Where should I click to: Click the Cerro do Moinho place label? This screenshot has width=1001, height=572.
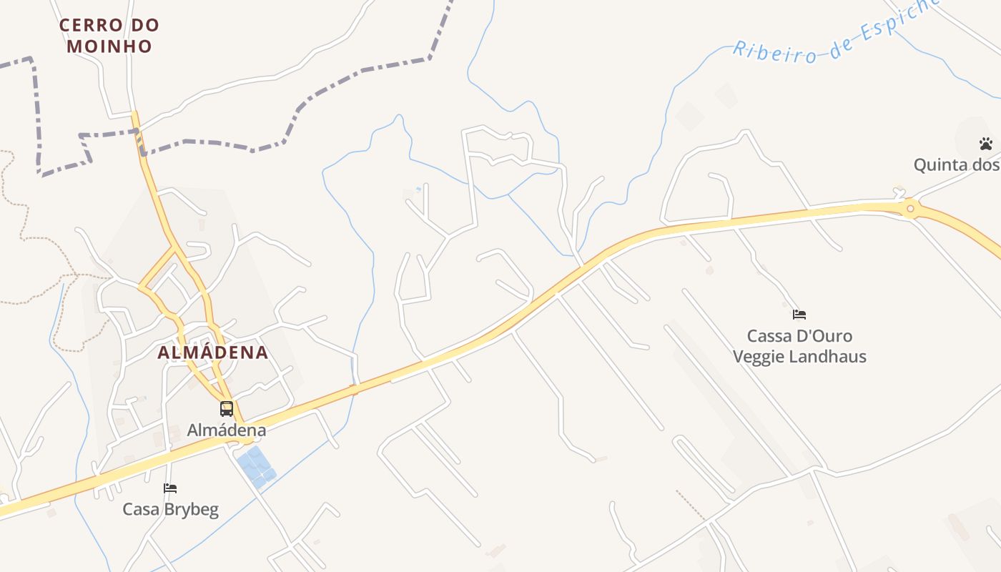[x=109, y=36]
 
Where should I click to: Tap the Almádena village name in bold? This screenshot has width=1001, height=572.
[x=212, y=352]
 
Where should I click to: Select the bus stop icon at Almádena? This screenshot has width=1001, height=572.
[x=227, y=409]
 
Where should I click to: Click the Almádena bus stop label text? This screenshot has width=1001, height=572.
[x=226, y=430]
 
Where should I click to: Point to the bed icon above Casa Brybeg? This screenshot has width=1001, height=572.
[x=170, y=488]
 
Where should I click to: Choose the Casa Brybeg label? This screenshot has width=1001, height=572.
[x=170, y=509]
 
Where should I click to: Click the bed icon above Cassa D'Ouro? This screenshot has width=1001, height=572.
[x=799, y=315]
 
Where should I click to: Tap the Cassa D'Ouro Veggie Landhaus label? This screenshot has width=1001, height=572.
[x=799, y=346]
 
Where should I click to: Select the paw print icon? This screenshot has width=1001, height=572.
[x=986, y=144]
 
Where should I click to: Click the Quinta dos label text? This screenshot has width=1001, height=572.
[x=956, y=165]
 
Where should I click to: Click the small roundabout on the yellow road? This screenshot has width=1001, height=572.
[x=909, y=209]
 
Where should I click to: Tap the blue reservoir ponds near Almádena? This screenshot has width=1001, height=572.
[x=256, y=466]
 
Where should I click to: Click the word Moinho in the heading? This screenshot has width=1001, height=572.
[x=109, y=46]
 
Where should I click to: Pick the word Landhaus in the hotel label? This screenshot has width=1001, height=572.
[x=833, y=356]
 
